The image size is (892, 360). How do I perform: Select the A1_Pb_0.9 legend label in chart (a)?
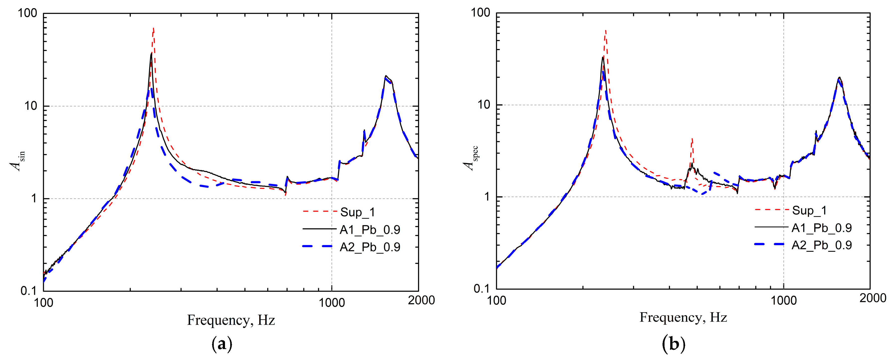(370, 230)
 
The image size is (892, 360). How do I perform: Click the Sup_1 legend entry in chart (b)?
(809, 210)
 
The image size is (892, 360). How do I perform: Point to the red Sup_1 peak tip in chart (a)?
(153, 28)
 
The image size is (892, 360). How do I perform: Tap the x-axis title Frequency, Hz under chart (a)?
(231, 320)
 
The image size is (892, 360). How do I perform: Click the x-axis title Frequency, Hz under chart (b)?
(683, 317)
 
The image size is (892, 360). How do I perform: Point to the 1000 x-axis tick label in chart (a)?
(332, 302)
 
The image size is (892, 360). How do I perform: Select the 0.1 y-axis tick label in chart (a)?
(28, 291)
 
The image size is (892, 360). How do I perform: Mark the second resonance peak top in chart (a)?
(386, 76)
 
